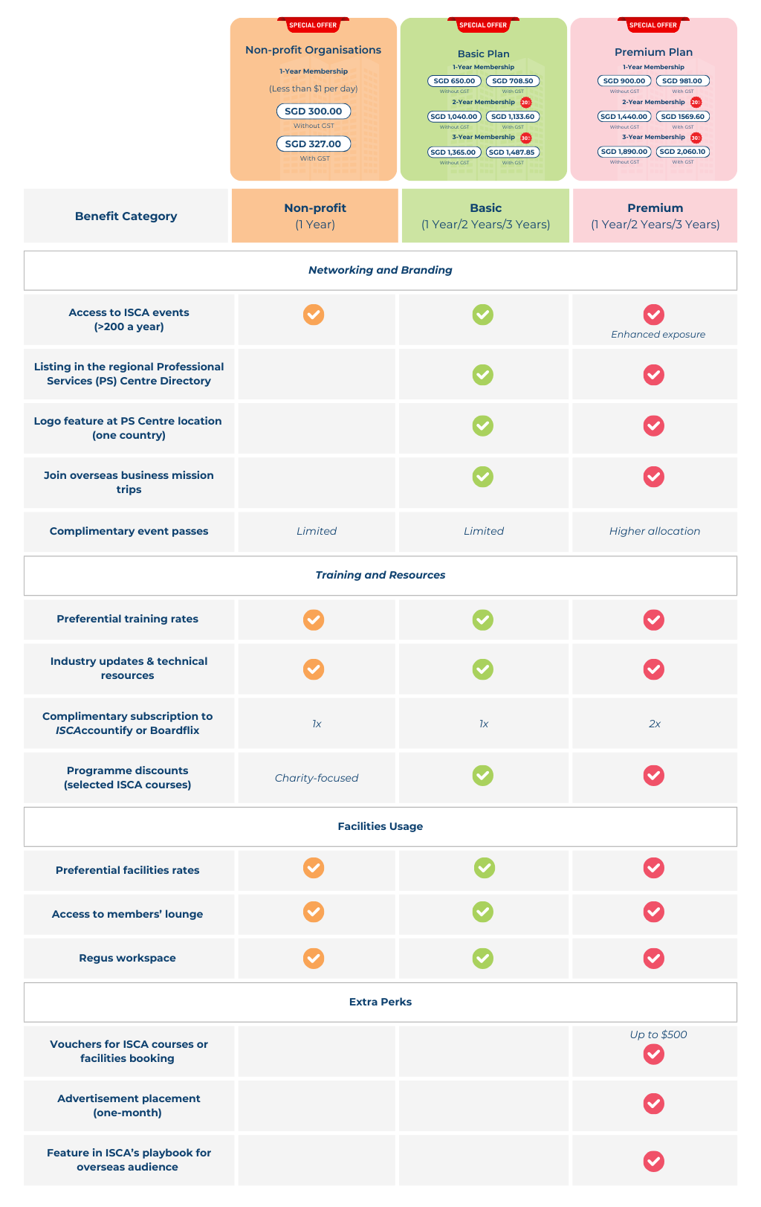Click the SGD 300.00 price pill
[313, 112]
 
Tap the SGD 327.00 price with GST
[313, 144]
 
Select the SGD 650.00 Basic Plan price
[453, 81]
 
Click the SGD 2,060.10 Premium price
[682, 152]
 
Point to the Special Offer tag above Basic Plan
[483, 25]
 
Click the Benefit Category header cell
[126, 216]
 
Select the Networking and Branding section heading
[380, 270]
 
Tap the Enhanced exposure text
[658, 335]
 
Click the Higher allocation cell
[654, 531]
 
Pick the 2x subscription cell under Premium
[654, 724]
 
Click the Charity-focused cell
[316, 778]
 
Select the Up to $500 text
[658, 1034]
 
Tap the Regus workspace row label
[127, 958]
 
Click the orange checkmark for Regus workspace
[314, 958]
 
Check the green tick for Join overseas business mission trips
[483, 477]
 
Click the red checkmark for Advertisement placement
[654, 1104]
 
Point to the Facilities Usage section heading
[380, 826]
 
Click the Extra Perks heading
[380, 1002]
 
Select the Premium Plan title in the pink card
[653, 52]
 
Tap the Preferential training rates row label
[127, 619]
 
